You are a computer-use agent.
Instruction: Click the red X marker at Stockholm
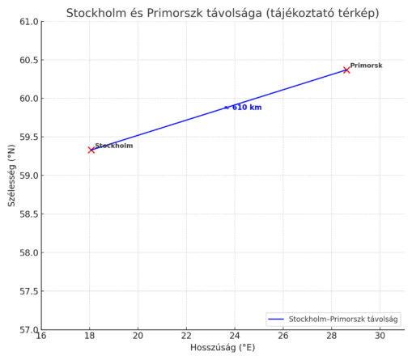(x=91, y=150)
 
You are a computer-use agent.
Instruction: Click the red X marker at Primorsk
(x=346, y=70)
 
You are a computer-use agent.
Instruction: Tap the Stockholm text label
(x=113, y=146)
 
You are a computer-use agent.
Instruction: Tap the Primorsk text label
(x=366, y=66)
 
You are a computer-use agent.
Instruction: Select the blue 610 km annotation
(x=245, y=107)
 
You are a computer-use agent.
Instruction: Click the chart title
(x=222, y=13)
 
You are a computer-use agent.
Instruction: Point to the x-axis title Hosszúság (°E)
(x=222, y=348)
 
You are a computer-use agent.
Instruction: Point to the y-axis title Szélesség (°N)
(x=11, y=176)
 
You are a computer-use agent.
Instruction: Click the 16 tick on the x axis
(x=41, y=336)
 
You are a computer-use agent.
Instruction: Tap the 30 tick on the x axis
(x=380, y=336)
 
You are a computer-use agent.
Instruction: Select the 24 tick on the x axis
(x=235, y=336)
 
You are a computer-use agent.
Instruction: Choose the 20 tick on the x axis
(x=138, y=336)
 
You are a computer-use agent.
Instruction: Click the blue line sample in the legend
(x=277, y=319)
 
